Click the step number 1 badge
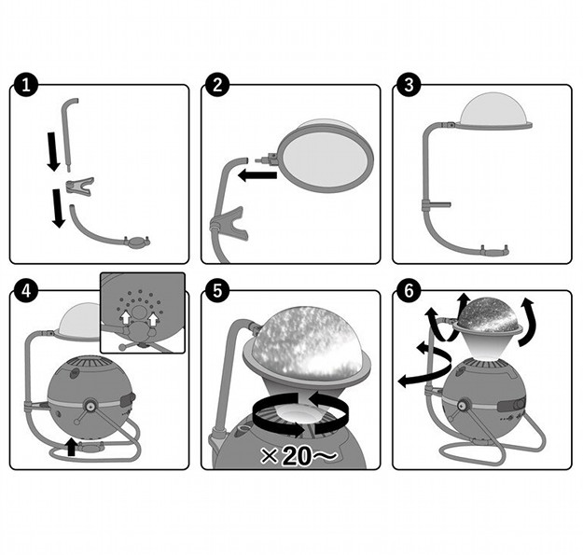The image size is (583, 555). [26, 85]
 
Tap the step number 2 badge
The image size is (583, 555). [217, 85]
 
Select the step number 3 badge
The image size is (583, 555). [409, 85]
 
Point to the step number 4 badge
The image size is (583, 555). [26, 291]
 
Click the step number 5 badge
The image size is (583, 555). [217, 291]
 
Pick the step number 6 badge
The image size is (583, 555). [409, 291]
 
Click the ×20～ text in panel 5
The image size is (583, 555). [298, 455]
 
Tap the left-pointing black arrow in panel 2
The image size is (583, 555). [257, 174]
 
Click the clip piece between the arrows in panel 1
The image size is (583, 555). [79, 186]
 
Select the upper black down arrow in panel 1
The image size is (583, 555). [53, 152]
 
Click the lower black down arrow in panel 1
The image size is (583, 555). [59, 208]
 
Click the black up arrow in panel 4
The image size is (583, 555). [71, 446]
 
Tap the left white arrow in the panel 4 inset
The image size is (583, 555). [126, 317]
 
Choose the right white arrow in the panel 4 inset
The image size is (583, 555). [153, 319]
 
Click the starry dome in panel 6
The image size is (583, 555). [488, 314]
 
